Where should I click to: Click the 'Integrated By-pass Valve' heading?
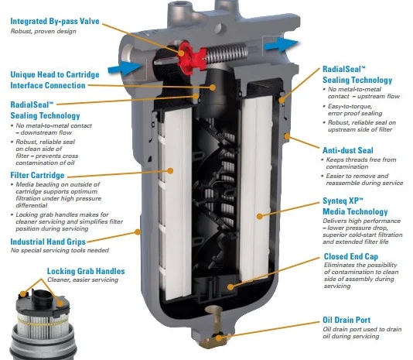point(55,21)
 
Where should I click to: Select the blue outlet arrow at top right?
point(281,44)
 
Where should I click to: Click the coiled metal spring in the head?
point(227,53)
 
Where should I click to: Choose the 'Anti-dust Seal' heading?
point(348,150)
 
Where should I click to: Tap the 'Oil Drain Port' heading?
point(346,320)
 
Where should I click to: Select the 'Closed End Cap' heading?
point(351,256)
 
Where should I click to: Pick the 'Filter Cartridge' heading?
point(37,175)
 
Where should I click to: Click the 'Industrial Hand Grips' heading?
point(48,242)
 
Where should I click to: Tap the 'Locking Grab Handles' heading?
point(86,271)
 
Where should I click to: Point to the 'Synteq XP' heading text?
point(343,201)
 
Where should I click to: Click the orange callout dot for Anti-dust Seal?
point(287,136)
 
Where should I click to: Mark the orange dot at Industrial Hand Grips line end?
point(137,231)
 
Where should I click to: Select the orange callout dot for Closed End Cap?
point(230,286)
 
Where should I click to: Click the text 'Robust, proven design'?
point(43,31)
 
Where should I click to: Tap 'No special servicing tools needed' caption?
point(60,250)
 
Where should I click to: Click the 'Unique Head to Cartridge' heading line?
point(55,74)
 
